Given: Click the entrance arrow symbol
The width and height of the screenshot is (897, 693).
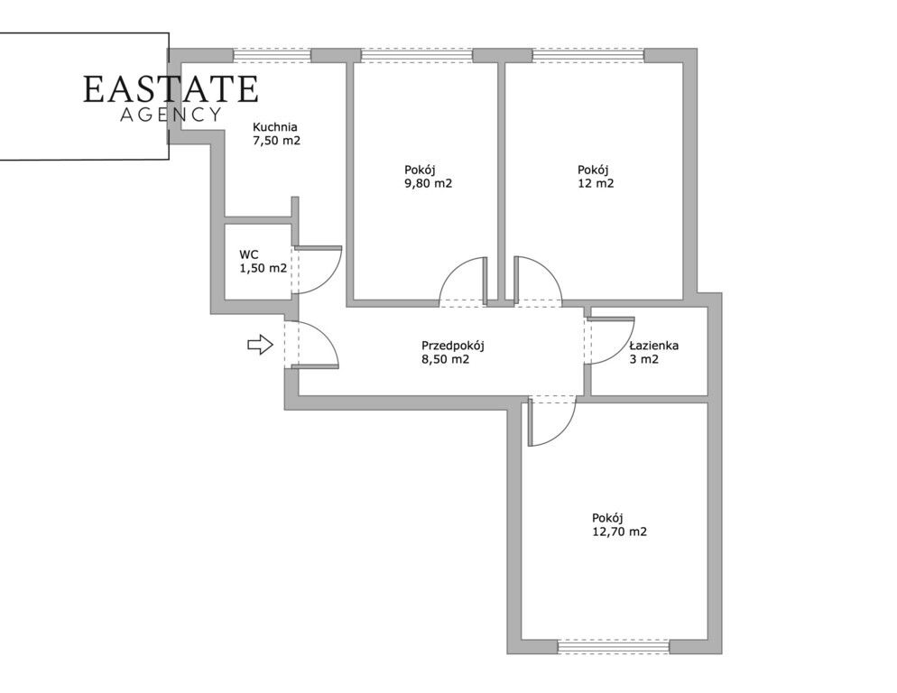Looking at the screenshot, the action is (x=260, y=344).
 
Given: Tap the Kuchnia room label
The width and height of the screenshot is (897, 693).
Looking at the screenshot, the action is (x=275, y=127).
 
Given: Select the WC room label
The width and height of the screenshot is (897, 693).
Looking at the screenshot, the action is (x=249, y=254).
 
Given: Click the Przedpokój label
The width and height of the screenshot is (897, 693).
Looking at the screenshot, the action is (x=453, y=346).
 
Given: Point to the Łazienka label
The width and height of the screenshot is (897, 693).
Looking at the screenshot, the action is (x=654, y=346).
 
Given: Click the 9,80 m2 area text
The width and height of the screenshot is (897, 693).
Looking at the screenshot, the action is (x=429, y=184).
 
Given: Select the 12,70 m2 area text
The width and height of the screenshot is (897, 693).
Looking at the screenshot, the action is (x=620, y=531).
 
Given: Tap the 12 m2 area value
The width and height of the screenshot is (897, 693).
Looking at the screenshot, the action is (x=596, y=184).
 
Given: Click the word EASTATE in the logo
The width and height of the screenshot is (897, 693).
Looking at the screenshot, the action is (x=171, y=89).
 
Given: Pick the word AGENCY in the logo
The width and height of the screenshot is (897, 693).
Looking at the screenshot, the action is (x=171, y=115).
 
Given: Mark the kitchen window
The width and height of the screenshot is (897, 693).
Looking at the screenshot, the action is (x=273, y=56).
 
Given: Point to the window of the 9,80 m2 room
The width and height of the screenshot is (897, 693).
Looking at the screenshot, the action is (x=417, y=56).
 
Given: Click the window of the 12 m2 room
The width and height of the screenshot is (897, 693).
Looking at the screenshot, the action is (x=588, y=56).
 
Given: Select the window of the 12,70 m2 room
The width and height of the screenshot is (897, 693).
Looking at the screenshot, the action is (x=614, y=647).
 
